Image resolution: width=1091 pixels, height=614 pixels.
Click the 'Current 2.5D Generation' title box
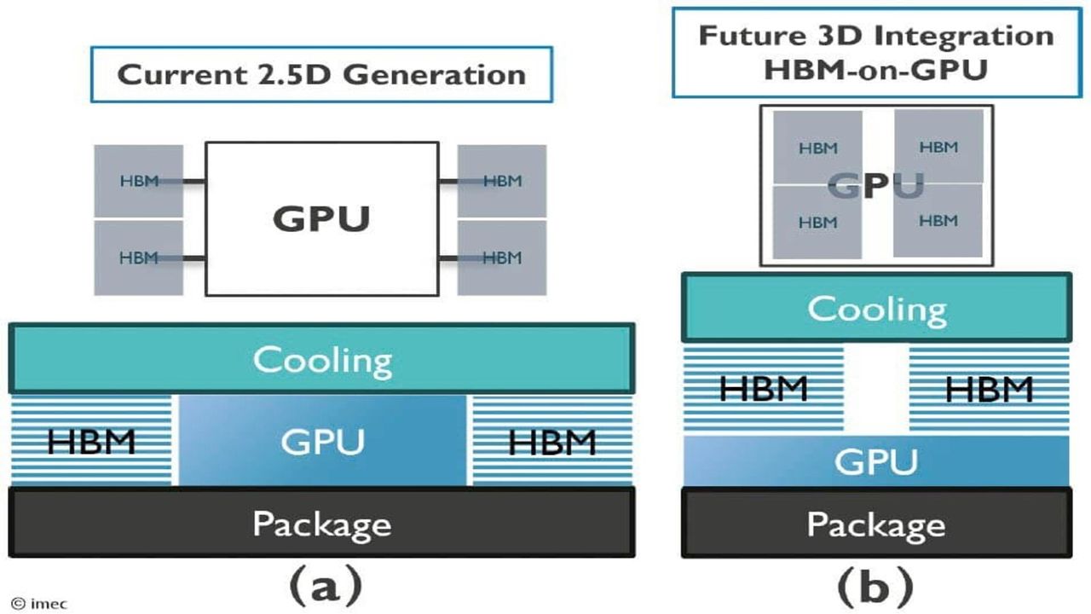(x=321, y=74)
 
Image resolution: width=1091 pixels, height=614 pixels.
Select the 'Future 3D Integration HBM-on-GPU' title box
(x=875, y=52)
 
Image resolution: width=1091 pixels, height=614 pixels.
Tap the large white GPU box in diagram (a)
(x=321, y=218)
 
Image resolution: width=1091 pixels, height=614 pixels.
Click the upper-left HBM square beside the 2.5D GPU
(x=138, y=181)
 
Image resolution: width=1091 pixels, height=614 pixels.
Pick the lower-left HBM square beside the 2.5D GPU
(x=138, y=258)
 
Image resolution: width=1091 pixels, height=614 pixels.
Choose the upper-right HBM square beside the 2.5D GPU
(x=502, y=181)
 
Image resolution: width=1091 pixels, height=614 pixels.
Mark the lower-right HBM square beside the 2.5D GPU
(x=502, y=258)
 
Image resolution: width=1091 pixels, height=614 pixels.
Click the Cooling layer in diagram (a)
(x=321, y=359)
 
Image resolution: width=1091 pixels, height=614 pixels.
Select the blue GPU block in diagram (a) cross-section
(x=322, y=441)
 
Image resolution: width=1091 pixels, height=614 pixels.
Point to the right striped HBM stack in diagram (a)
(x=551, y=441)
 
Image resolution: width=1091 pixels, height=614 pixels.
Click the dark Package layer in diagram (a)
(x=321, y=522)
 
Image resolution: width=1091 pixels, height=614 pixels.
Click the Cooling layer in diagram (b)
(x=876, y=308)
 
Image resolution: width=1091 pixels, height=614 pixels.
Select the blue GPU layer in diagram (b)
(x=876, y=460)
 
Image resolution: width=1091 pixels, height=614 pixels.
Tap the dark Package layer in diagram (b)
(x=876, y=522)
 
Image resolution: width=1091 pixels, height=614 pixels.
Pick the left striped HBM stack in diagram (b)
(x=763, y=389)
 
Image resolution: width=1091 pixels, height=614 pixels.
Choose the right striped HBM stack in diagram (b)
(x=989, y=389)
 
